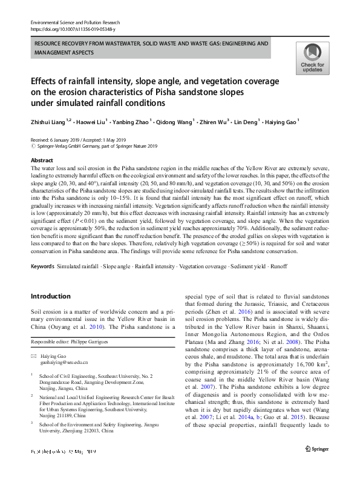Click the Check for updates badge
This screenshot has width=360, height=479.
(x=312, y=58)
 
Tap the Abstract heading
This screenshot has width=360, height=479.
(x=42, y=160)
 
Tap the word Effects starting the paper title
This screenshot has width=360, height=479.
(x=47, y=81)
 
